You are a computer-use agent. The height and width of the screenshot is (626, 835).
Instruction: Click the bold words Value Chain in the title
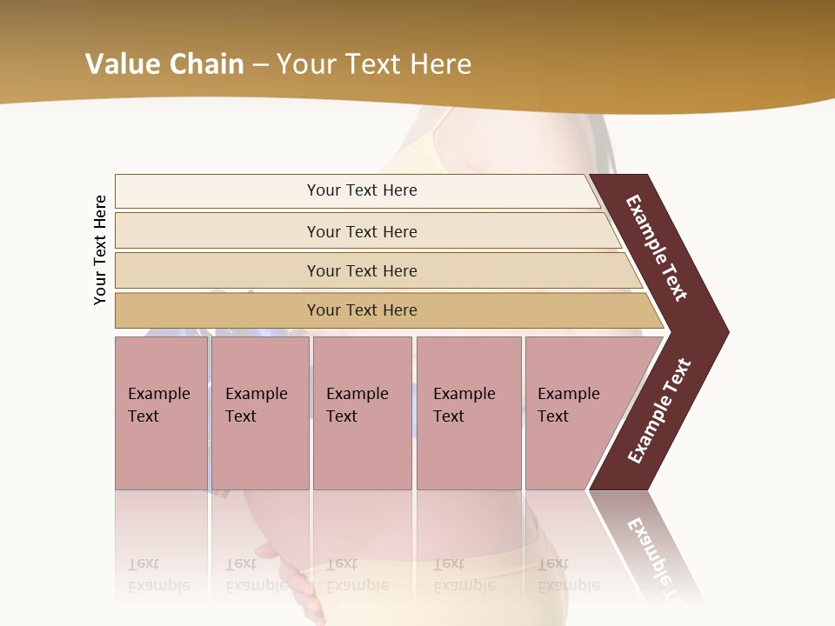[x=164, y=64]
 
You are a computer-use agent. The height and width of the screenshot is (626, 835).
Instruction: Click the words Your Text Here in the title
[x=374, y=64]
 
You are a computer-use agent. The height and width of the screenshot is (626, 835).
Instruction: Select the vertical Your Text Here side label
[x=100, y=250]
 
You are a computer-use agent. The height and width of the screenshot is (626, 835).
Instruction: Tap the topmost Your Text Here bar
[x=362, y=190]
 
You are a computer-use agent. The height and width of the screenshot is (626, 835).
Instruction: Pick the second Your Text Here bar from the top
[x=362, y=231]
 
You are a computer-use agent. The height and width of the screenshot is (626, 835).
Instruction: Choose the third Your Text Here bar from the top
[x=362, y=270]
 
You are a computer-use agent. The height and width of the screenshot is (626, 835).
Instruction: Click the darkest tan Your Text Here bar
[x=362, y=310]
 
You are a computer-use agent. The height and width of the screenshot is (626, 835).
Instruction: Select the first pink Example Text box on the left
[x=161, y=413]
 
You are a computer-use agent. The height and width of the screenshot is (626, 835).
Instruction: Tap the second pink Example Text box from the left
[x=260, y=413]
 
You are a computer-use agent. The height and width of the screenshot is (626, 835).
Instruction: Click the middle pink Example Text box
[x=362, y=413]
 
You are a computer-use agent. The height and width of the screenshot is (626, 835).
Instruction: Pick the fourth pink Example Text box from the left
[x=469, y=413]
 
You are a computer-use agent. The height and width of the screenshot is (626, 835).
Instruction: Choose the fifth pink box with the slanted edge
[x=574, y=413]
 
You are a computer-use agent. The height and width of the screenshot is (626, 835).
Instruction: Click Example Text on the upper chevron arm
[x=657, y=248]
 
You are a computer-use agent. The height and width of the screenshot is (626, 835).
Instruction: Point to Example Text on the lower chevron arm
[x=659, y=410]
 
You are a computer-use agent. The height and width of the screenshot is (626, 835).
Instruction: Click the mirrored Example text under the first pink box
[x=158, y=575]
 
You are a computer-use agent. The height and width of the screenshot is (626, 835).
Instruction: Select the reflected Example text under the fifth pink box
[x=568, y=575]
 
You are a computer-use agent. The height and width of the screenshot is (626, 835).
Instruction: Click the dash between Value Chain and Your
[x=260, y=65]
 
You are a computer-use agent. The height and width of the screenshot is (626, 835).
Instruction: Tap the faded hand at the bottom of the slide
[x=300, y=587]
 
